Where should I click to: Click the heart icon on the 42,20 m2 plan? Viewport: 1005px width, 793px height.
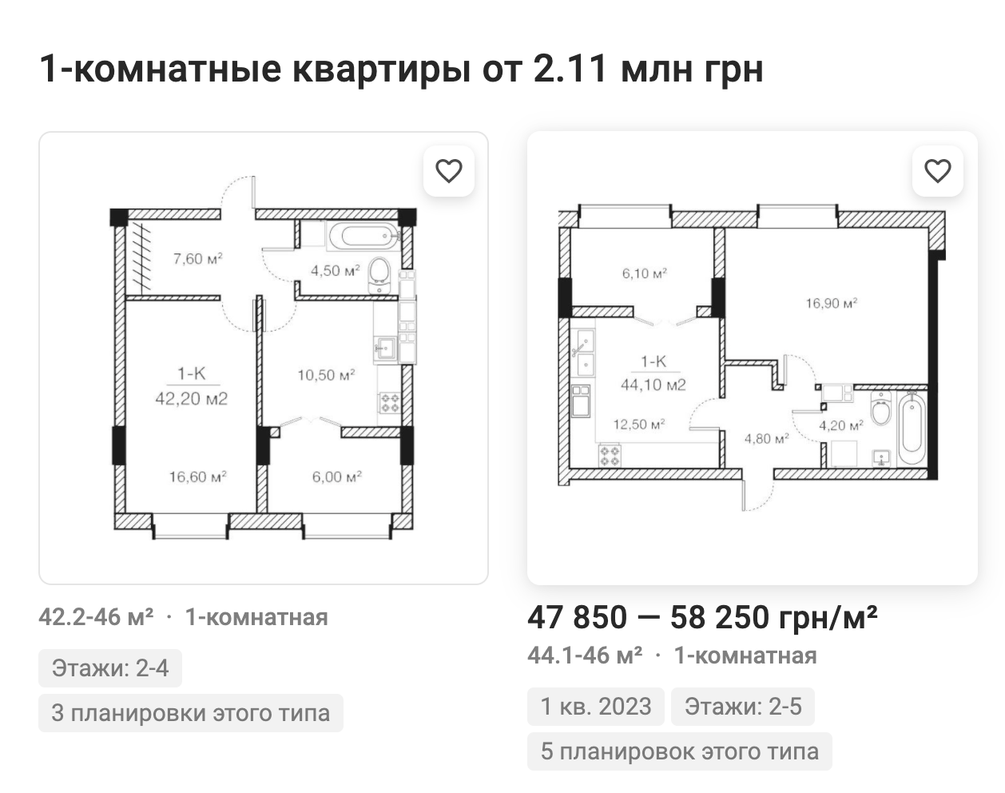tap(449, 171)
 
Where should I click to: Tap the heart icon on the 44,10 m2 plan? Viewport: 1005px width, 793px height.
tap(938, 171)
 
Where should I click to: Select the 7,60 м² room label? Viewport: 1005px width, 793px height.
tap(198, 258)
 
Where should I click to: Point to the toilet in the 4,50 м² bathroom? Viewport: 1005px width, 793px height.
tap(379, 275)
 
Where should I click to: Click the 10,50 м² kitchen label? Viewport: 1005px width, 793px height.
tap(327, 375)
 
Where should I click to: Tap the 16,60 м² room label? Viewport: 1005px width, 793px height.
tap(197, 476)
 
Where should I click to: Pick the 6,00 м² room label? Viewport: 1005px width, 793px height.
tap(337, 476)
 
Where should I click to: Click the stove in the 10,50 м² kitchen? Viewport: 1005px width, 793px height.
tap(390, 403)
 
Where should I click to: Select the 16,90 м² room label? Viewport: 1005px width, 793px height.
tap(832, 303)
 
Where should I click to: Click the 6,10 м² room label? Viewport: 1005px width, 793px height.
tap(645, 273)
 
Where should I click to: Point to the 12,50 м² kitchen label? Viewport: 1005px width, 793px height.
tap(639, 424)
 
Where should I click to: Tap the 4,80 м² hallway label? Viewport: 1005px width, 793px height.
tap(766, 438)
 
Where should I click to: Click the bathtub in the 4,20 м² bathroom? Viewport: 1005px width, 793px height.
tap(912, 428)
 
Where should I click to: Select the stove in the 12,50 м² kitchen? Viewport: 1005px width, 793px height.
tap(610, 456)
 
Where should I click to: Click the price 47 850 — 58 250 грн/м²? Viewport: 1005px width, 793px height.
tap(702, 617)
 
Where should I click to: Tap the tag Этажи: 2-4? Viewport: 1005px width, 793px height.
tap(110, 668)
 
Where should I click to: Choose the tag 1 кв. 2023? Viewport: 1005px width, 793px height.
tap(596, 707)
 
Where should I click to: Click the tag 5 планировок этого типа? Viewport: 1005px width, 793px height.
tap(680, 751)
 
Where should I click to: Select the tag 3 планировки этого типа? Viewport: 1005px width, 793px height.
tap(191, 713)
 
